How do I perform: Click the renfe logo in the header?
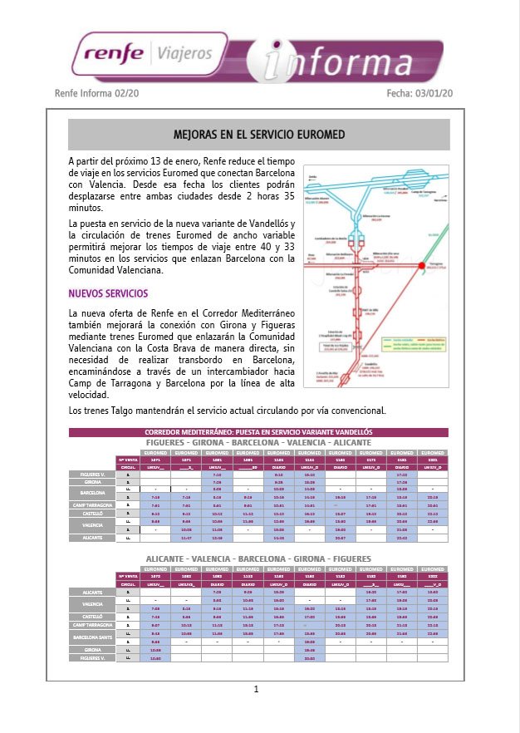point(111,56)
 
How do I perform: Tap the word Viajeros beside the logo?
point(182,56)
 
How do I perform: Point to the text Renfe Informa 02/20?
point(96,94)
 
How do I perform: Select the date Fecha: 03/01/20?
point(420,94)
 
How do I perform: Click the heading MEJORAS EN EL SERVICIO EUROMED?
point(258,134)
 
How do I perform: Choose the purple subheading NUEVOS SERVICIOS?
point(108,293)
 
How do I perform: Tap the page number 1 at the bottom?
point(257,689)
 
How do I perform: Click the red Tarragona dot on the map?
point(422,265)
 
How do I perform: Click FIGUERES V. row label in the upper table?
point(92,474)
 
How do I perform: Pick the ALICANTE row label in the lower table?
point(92,591)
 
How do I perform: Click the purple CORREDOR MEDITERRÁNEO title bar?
point(258,433)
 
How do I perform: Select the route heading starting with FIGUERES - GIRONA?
point(258,442)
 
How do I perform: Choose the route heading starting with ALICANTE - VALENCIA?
point(258,558)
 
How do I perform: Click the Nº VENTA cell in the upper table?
point(127,459)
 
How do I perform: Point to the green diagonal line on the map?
point(436,249)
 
